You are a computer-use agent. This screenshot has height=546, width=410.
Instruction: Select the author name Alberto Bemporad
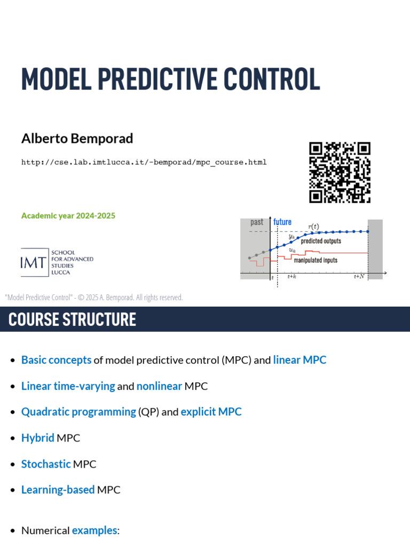click(77, 139)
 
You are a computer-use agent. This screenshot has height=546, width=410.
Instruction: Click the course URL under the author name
click(144, 162)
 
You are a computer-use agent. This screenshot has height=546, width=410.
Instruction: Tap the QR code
click(340, 172)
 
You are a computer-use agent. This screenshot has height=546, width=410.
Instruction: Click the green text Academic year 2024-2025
click(68, 216)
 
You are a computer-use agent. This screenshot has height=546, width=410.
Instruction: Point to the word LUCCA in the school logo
click(60, 272)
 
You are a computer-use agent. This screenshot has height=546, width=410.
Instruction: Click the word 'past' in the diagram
click(257, 222)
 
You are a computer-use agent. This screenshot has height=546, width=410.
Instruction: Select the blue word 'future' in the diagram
click(282, 222)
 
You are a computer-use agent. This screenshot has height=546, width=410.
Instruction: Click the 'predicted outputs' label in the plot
click(321, 241)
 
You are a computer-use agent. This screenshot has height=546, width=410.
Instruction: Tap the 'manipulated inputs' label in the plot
click(316, 261)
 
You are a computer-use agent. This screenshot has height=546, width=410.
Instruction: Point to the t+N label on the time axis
click(359, 276)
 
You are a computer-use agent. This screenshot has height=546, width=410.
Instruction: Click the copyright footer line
click(94, 298)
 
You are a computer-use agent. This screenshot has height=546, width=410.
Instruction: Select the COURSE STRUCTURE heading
click(72, 319)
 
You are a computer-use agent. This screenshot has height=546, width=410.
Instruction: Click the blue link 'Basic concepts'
click(56, 360)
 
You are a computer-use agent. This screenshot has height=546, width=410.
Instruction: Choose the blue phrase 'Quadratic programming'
click(78, 412)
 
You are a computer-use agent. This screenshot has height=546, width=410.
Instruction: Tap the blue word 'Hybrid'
click(37, 438)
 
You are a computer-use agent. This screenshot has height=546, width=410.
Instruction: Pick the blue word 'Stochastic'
click(46, 464)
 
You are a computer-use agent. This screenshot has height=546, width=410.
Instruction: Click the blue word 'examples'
click(94, 531)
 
